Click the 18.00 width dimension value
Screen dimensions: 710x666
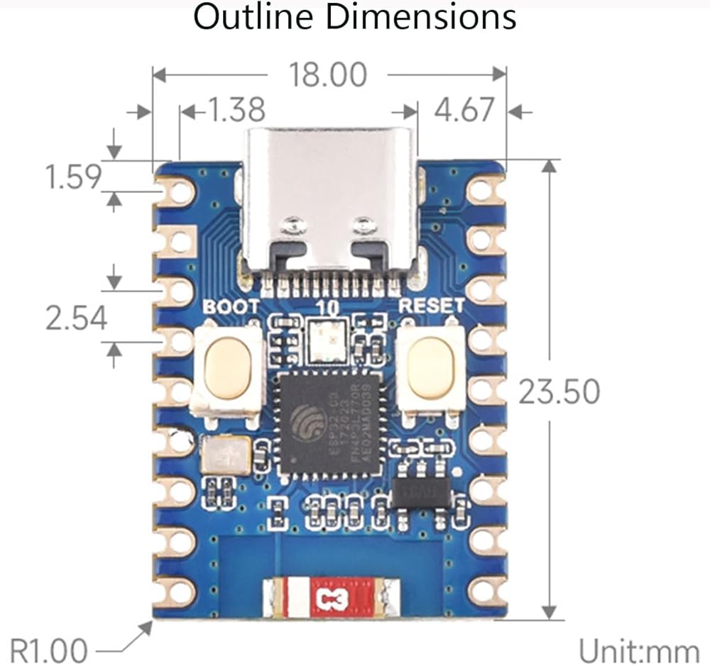click(328, 74)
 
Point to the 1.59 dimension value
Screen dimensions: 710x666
click(73, 177)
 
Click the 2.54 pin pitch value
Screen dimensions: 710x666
click(77, 318)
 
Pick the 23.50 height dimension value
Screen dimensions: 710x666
click(559, 392)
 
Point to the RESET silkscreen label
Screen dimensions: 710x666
click(432, 306)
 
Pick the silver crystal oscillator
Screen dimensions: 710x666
click(226, 455)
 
